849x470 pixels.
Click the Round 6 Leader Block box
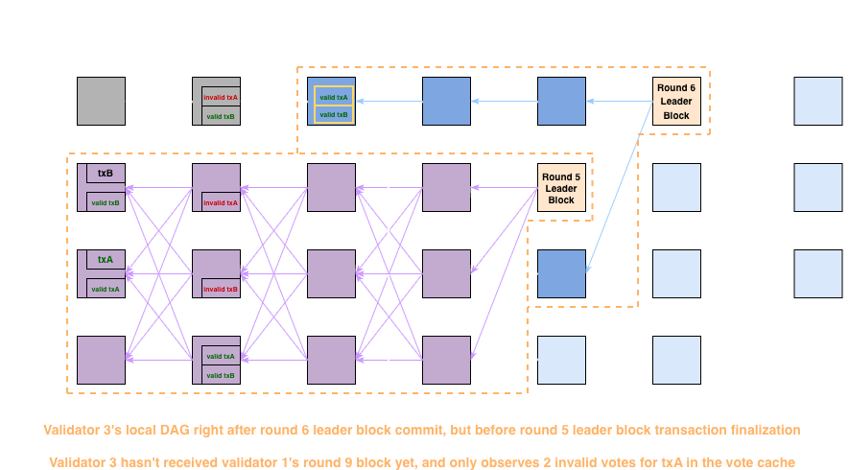point(676,101)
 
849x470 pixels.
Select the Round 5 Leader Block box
point(561,188)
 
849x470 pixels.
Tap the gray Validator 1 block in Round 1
point(101,101)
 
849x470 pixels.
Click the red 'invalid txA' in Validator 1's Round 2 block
point(221,97)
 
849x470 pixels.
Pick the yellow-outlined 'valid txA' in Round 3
point(334,97)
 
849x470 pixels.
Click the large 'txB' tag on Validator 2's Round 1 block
point(106,174)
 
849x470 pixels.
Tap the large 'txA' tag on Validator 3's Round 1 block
point(106,260)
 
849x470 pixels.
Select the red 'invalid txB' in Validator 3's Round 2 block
point(221,289)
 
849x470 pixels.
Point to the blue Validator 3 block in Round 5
point(561,273)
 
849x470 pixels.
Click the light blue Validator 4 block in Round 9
point(818,360)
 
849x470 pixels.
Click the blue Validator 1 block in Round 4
point(446,101)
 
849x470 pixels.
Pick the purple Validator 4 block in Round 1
point(101,360)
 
